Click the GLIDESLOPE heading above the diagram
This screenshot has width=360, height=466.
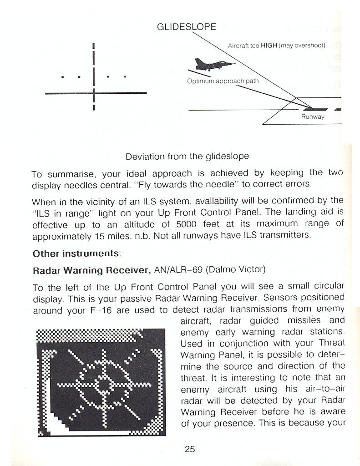pyautogui.click(x=187, y=27)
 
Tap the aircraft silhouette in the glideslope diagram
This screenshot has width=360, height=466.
pyautogui.click(x=208, y=65)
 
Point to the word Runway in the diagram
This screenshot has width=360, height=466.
pyautogui.click(x=313, y=117)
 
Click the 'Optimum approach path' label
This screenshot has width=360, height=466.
pyautogui.click(x=223, y=81)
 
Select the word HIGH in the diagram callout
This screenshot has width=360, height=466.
pyautogui.click(x=269, y=46)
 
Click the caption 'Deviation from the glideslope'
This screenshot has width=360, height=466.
pyautogui.click(x=187, y=157)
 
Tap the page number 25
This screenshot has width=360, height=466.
pyautogui.click(x=190, y=449)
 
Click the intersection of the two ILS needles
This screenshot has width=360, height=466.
pyautogui.click(x=93, y=93)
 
